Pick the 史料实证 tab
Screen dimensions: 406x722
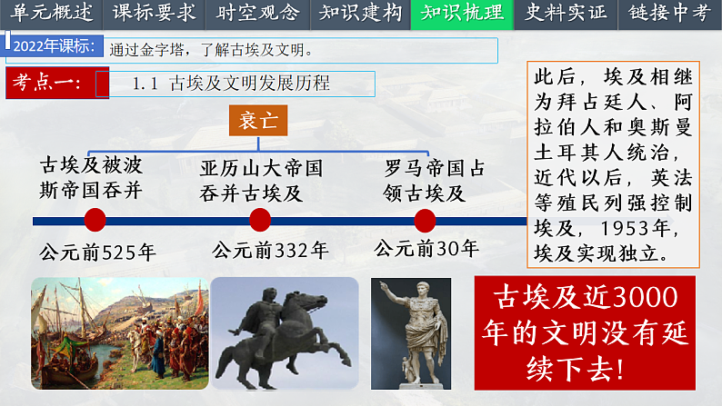coord(565,13)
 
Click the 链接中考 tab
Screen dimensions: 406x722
coord(670,13)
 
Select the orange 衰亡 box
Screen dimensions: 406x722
coord(257,120)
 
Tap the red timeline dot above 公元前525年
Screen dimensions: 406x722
coord(95,220)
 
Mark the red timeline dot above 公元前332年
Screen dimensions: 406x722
coord(259,220)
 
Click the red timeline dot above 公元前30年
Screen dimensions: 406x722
coord(425,220)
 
